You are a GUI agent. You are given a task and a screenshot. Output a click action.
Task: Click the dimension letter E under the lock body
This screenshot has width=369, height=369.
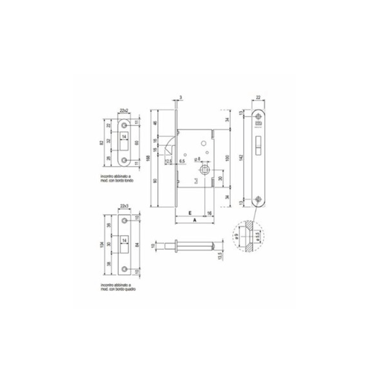coord(190,213)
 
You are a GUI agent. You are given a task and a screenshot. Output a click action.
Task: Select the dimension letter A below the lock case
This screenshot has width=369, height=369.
coord(194,220)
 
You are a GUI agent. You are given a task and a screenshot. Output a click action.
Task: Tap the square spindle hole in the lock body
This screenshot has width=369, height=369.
coord(204,170)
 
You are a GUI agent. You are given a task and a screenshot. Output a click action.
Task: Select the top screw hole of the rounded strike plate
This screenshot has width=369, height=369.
coord(124,125)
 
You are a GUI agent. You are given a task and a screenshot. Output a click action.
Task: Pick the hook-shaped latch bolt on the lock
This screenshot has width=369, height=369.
coord(170,146)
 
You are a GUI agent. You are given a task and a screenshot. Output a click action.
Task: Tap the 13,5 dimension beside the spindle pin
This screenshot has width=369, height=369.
coord(220,256)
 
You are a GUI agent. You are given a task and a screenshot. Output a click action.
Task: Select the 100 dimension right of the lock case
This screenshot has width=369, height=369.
coord(227,158)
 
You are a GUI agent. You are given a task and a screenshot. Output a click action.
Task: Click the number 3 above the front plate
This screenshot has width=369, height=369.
coord(180,97)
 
